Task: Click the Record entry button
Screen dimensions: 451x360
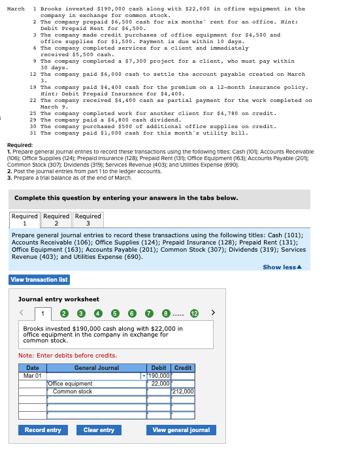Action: [43, 430]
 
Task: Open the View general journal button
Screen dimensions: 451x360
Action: [181, 430]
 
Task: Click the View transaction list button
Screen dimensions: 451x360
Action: [39, 280]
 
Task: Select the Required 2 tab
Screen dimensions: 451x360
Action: [56, 220]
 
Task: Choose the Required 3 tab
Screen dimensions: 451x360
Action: [88, 220]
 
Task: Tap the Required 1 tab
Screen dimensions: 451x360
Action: [25, 220]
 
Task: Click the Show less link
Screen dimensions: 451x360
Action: [282, 267]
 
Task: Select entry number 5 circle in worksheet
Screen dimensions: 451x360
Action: [115, 314]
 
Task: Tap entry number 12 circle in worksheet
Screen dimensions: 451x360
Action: [195, 314]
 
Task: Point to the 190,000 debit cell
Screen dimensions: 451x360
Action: [159, 376]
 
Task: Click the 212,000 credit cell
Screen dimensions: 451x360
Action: [183, 392]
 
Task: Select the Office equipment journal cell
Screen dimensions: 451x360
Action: [96, 384]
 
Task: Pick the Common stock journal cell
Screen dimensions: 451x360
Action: [96, 392]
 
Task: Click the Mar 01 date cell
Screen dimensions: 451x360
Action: [32, 376]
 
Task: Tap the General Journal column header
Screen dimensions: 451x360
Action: [96, 368]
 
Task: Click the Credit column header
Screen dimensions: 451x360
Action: [183, 368]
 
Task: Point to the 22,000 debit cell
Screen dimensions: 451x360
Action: [159, 384]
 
